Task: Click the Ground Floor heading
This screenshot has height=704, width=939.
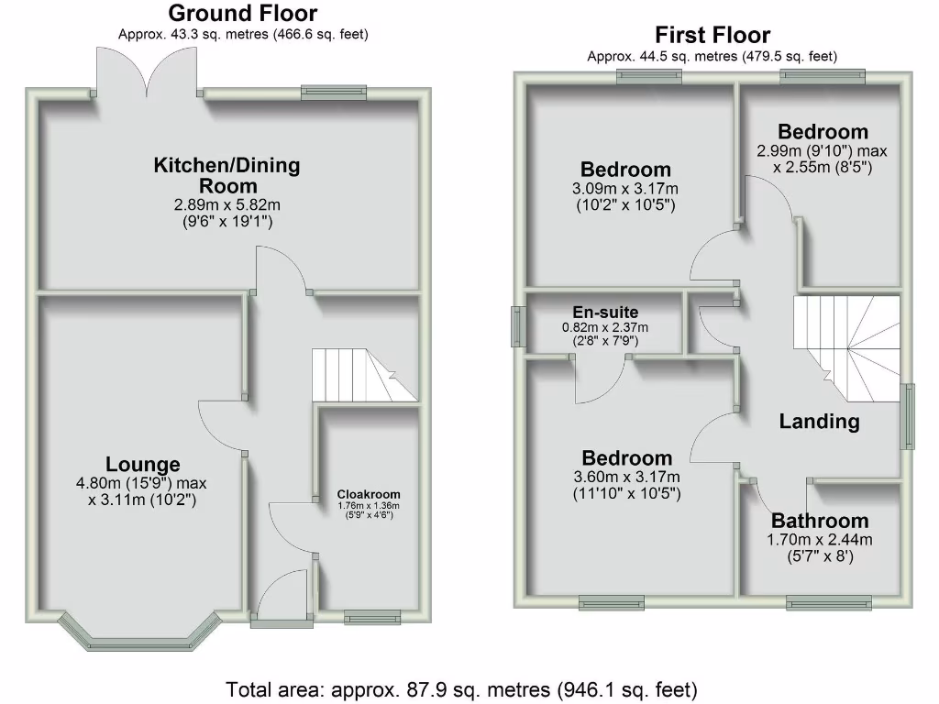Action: (x=243, y=14)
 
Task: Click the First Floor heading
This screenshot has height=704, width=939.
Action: (x=713, y=36)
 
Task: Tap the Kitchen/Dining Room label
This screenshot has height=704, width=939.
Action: (x=226, y=175)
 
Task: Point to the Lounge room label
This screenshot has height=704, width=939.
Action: (x=142, y=464)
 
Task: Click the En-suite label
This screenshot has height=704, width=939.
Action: (x=604, y=313)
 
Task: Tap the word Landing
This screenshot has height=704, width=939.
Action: (x=819, y=422)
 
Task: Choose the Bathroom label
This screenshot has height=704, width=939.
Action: (x=819, y=521)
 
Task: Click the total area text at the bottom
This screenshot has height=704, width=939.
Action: (x=462, y=687)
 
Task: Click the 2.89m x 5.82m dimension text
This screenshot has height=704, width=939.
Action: (x=226, y=205)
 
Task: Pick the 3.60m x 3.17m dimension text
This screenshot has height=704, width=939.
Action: (x=627, y=477)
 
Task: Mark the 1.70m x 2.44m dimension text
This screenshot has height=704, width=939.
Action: (x=819, y=539)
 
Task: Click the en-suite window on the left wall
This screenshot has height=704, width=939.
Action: (x=516, y=326)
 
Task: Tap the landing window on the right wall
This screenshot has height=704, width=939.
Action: (x=908, y=417)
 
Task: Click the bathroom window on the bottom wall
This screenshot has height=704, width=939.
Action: (x=828, y=601)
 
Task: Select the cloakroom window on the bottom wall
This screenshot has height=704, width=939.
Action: (x=372, y=618)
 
